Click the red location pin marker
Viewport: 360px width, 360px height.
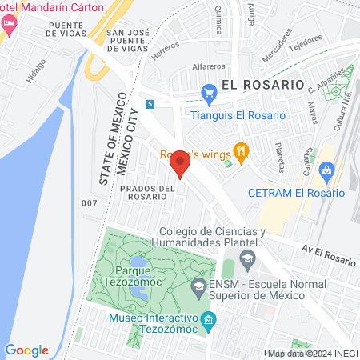[x=180, y=164]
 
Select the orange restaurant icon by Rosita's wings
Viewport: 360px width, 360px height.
[x=239, y=150]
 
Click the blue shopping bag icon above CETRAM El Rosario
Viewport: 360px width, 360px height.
[x=326, y=170]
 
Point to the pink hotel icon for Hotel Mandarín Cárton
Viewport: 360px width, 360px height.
[x=9, y=23]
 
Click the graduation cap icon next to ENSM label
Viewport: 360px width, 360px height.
[x=198, y=286]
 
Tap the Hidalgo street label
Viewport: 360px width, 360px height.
[x=35, y=71]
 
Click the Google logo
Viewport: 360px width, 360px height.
[x=26, y=350]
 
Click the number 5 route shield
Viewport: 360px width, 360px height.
[x=150, y=103]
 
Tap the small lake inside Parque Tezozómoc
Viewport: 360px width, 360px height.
[x=138, y=262]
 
